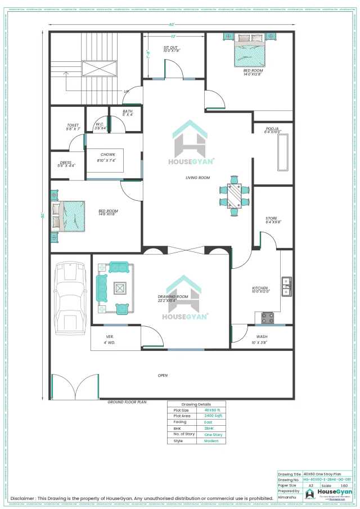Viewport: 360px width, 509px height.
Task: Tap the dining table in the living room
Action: click(233, 195)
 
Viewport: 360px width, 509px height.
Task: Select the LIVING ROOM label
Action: click(197, 178)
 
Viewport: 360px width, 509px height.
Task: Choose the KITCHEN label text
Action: click(260, 289)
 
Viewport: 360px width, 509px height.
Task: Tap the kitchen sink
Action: click(286, 286)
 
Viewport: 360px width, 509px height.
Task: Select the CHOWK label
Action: click(108, 155)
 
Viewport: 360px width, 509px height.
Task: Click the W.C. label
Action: click(100, 125)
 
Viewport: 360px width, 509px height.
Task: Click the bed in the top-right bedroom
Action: click(250, 51)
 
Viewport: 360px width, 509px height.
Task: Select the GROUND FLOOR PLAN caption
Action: click(127, 402)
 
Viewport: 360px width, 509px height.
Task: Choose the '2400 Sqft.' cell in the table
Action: click(213, 416)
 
